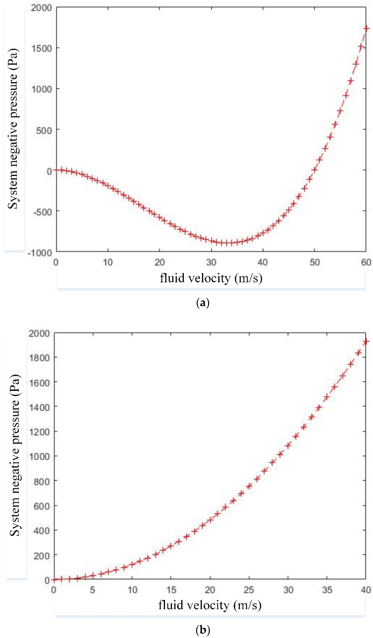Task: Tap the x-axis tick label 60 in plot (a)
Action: click(366, 262)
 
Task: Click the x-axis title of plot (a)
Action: click(211, 278)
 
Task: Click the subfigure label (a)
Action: click(203, 303)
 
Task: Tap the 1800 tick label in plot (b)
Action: click(39, 358)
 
